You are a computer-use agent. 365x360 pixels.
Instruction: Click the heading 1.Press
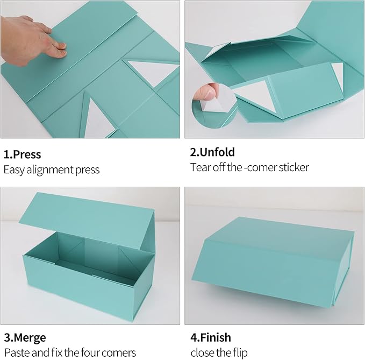click(23, 154)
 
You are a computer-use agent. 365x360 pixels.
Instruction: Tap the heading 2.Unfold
click(212, 152)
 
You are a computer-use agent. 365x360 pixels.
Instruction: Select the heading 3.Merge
click(25, 338)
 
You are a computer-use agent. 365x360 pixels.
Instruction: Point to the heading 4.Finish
click(211, 338)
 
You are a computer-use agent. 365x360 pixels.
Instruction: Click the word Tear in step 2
click(200, 167)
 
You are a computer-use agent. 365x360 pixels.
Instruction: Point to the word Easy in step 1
click(14, 170)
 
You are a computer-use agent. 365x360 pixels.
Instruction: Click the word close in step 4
click(203, 353)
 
